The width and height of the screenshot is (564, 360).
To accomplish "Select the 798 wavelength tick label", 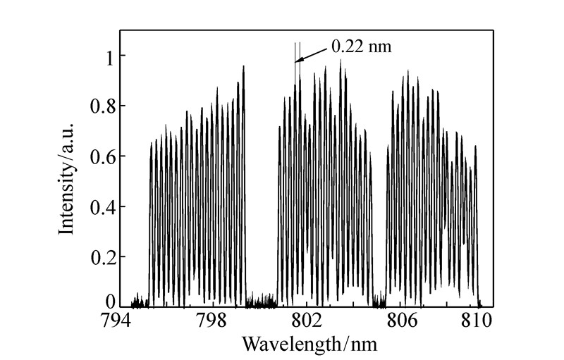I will click(211, 322).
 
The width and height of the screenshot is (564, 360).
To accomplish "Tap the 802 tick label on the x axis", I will click(305, 322).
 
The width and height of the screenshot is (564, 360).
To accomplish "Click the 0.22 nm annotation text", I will click(360, 47).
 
